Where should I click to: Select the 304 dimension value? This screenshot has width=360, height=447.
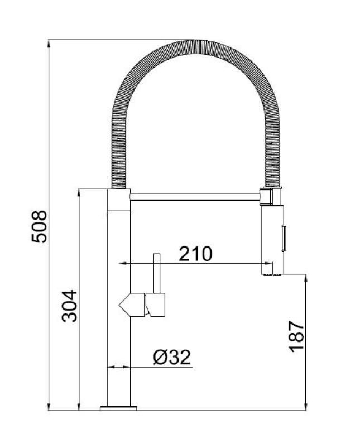point(69,305)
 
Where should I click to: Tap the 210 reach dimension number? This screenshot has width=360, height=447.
point(195,254)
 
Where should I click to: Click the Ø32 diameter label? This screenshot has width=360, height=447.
point(171,356)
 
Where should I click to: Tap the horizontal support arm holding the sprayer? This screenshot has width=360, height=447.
point(195,196)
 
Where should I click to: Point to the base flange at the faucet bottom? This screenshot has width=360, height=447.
point(118,409)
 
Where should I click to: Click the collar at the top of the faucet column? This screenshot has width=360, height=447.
point(118,199)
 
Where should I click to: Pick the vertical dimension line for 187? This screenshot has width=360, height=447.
point(306,341)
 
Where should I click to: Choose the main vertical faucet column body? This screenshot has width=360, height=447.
point(118,335)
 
